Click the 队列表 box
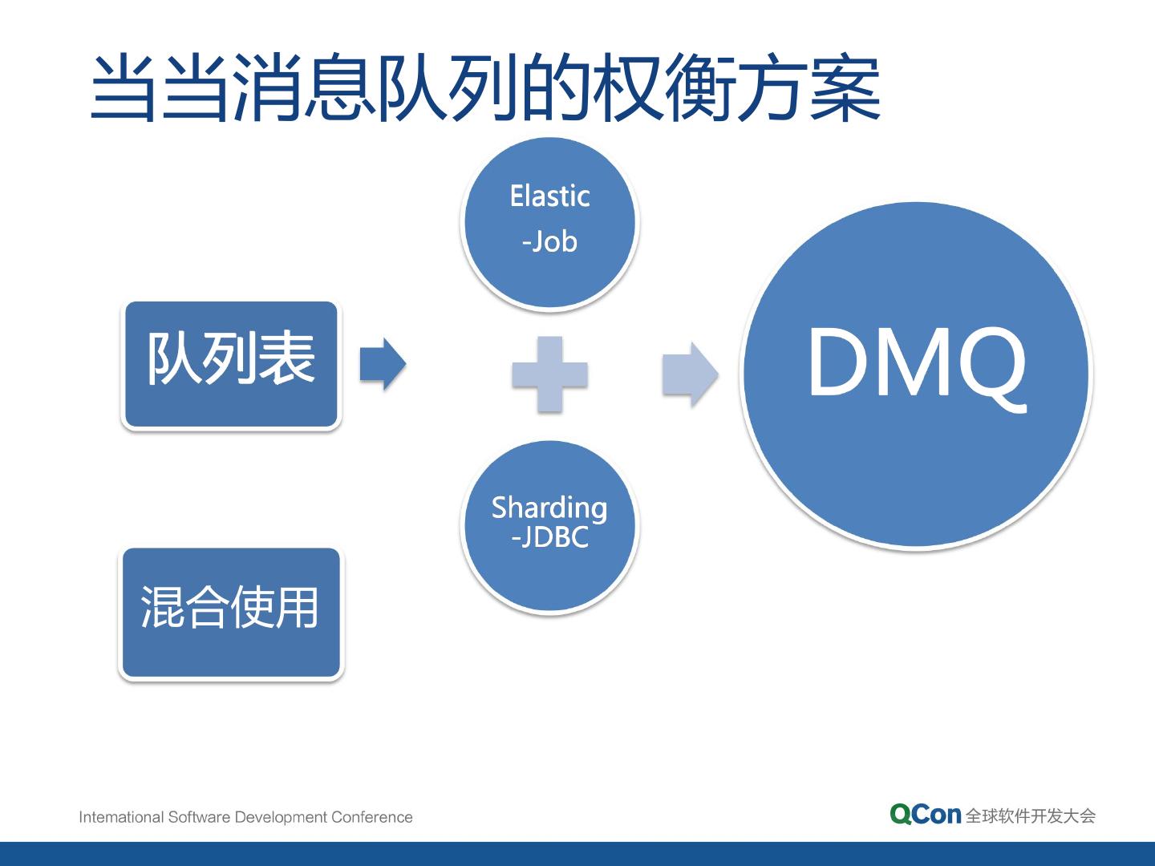[x=231, y=364]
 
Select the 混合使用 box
[x=231, y=613]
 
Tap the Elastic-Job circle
[x=550, y=222]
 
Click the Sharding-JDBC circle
[x=550, y=526]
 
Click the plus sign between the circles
[x=550, y=374]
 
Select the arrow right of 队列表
[x=382, y=363]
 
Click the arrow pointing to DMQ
[x=689, y=374]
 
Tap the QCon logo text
[x=925, y=815]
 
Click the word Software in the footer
[x=199, y=817]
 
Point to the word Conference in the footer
[x=372, y=817]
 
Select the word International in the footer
[x=121, y=817]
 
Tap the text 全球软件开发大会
[x=1031, y=815]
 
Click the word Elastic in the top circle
[x=550, y=196]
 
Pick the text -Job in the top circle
[x=550, y=242]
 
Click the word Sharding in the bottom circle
[x=550, y=508]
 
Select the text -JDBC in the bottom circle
[x=550, y=537]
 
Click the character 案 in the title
[x=845, y=89]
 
